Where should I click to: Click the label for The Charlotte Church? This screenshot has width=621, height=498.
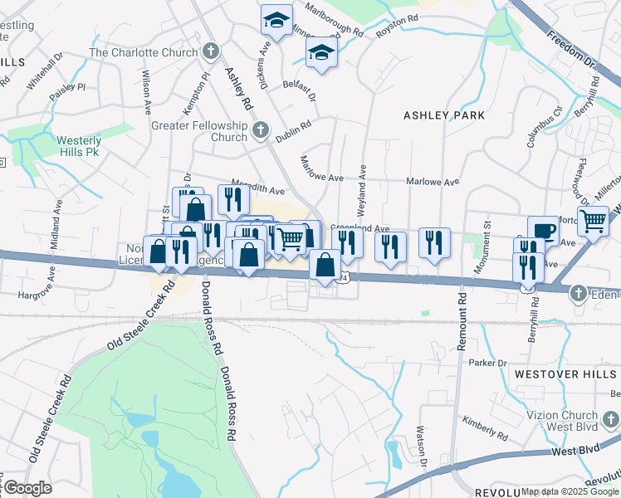[142, 51]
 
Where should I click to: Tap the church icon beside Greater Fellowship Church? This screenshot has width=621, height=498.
[261, 129]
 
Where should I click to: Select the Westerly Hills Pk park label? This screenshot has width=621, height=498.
[79, 146]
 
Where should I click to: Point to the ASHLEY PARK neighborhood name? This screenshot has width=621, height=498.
[443, 115]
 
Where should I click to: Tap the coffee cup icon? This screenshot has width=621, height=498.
[542, 229]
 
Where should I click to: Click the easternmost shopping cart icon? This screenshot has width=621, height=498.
[593, 221]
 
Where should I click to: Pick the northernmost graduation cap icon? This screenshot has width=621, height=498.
[276, 18]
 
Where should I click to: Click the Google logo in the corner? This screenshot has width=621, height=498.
[27, 488]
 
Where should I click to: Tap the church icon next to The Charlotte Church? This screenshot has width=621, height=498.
[210, 51]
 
